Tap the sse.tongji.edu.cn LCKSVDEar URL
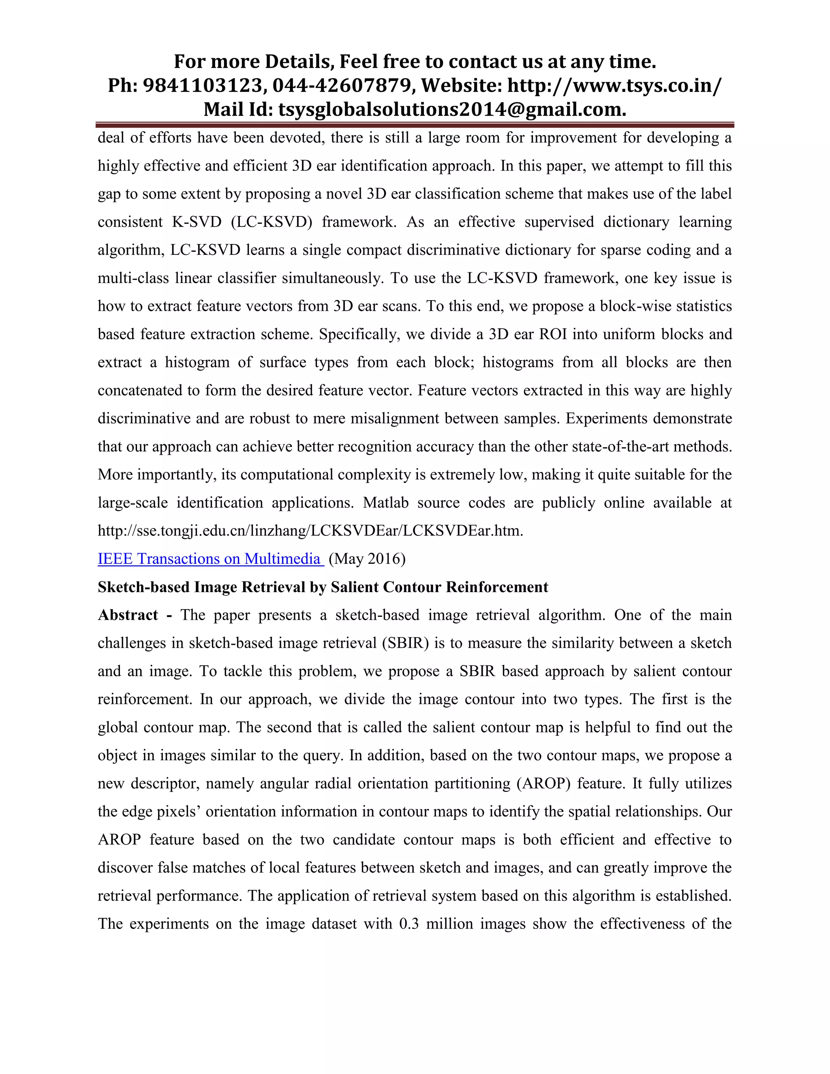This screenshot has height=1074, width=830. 310,531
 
